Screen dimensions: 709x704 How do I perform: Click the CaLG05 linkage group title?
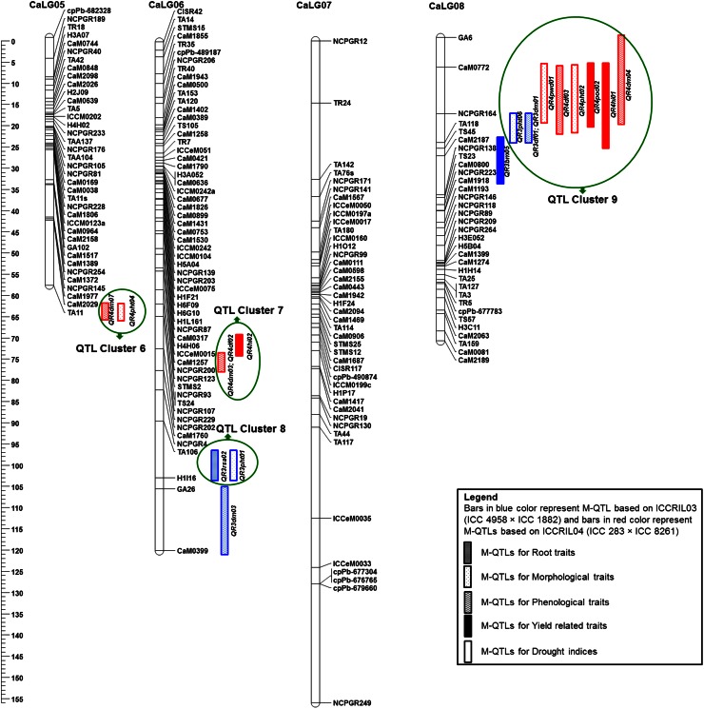click(x=20, y=5)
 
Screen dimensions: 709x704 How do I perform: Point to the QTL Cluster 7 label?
click(x=249, y=310)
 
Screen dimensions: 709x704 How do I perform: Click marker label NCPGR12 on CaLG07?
click(x=350, y=42)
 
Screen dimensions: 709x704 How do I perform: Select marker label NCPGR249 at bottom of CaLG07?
click(x=353, y=702)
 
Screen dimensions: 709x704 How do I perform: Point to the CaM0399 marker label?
click(x=192, y=551)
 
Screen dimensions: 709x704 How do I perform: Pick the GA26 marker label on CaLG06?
click(x=185, y=489)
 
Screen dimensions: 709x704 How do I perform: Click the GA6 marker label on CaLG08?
click(x=465, y=37)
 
